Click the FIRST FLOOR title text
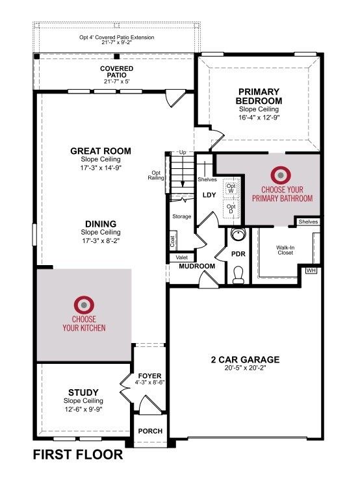click(x=78, y=455)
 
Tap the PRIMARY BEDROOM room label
click(x=259, y=96)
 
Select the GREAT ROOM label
click(x=101, y=151)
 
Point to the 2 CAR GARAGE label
click(x=245, y=359)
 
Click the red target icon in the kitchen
click(x=84, y=305)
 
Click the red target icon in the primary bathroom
click(x=281, y=175)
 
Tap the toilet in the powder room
click(x=238, y=275)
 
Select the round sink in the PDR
click(x=238, y=235)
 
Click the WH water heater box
click(x=311, y=270)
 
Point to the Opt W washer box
click(x=231, y=188)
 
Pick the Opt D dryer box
click(x=231, y=209)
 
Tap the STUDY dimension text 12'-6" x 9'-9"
click(x=83, y=409)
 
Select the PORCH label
click(x=150, y=431)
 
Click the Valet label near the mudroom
click(x=182, y=257)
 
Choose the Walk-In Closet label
click(x=285, y=250)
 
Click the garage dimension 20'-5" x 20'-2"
click(x=245, y=368)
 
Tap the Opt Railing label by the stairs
click(x=156, y=175)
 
